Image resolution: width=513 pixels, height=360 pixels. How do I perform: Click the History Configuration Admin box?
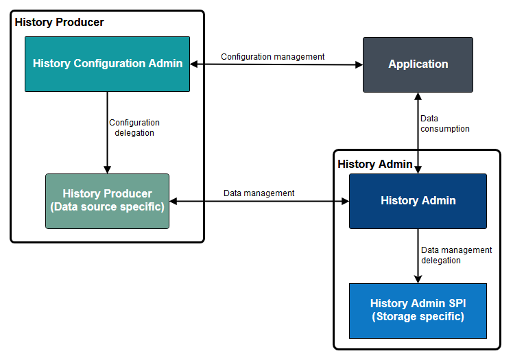(x=107, y=64)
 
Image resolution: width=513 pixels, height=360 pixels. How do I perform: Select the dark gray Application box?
(x=418, y=64)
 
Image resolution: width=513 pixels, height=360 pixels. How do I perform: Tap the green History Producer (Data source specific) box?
(x=107, y=201)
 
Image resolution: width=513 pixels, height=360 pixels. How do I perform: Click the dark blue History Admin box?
(x=418, y=201)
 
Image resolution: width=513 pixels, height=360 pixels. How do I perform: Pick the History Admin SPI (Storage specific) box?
(x=418, y=311)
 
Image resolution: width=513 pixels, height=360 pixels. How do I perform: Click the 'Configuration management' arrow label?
(x=272, y=57)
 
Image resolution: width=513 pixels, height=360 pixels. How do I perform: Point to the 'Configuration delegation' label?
(x=134, y=128)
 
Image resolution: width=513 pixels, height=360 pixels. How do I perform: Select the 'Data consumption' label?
(x=444, y=123)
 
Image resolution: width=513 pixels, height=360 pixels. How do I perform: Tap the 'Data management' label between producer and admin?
(x=259, y=193)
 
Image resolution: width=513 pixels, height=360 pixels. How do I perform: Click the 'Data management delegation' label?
(x=455, y=255)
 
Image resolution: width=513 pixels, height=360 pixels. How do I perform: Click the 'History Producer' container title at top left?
(x=60, y=23)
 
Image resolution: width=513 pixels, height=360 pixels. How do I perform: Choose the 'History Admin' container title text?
(x=375, y=164)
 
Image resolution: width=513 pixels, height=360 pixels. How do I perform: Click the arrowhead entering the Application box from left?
(x=359, y=65)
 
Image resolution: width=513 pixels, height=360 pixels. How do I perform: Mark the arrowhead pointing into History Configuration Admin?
(x=194, y=64)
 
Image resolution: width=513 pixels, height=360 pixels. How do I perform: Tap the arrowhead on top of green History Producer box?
(x=107, y=169)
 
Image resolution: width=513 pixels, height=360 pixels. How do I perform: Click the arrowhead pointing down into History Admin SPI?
(x=418, y=279)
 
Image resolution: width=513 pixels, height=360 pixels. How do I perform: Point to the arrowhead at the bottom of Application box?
(x=418, y=96)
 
